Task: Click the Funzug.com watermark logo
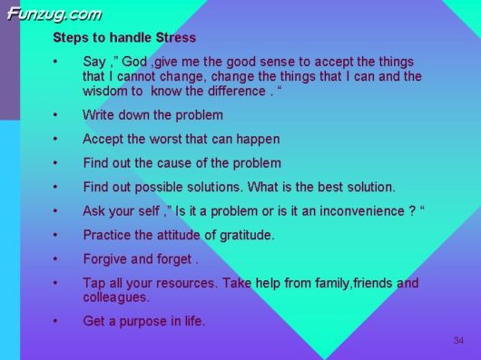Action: point(54,14)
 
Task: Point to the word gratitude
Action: point(241,235)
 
